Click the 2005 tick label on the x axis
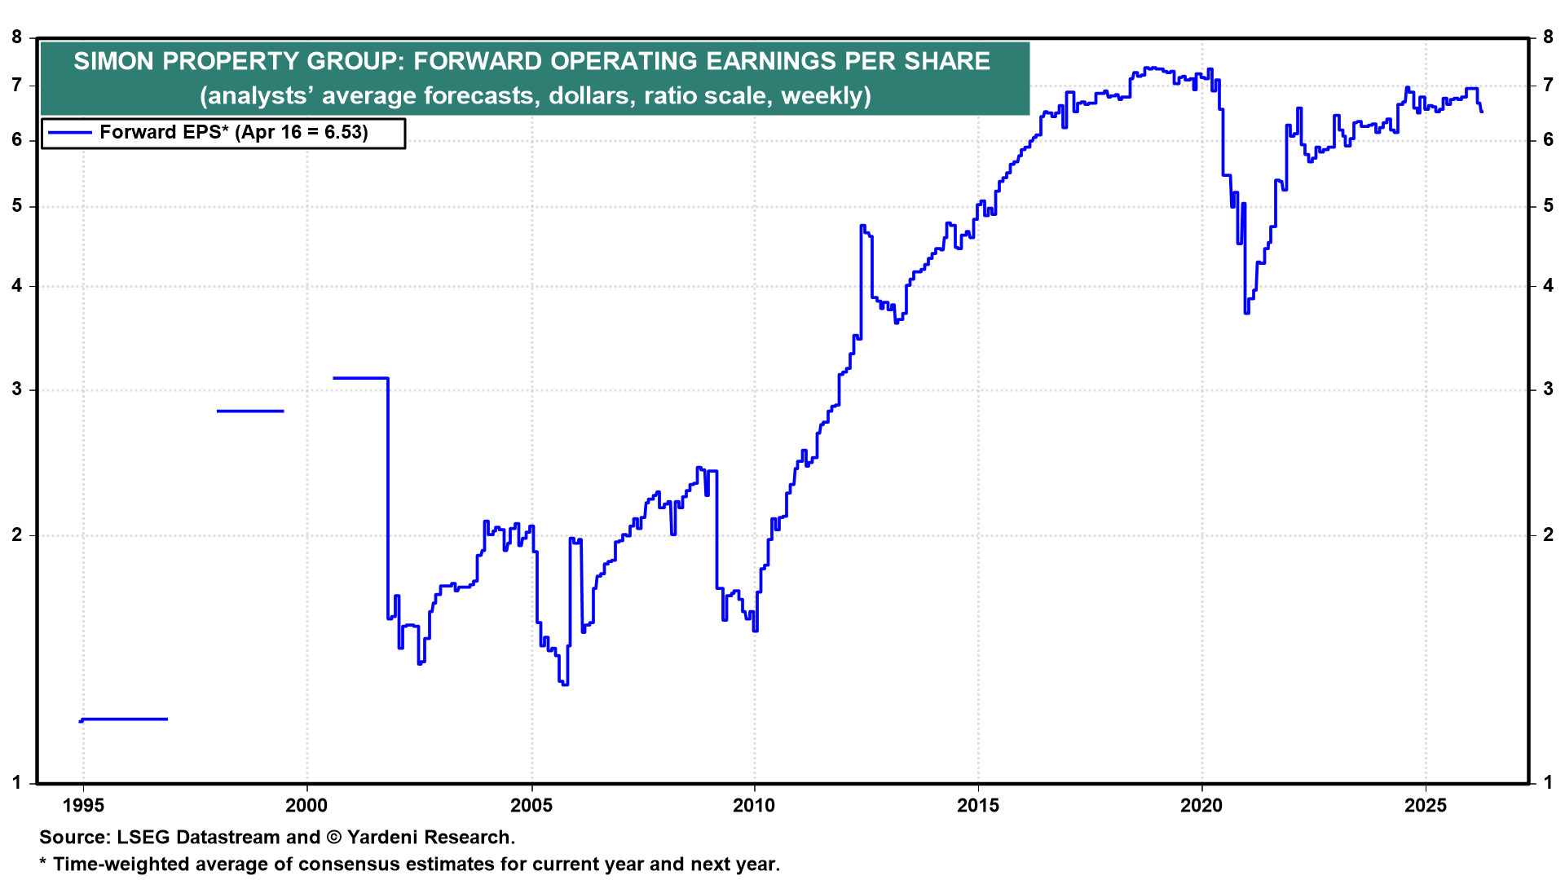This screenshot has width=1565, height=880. pos(531,806)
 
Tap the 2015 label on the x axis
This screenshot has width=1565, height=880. pos(978,806)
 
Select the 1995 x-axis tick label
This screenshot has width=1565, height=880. pos(83,806)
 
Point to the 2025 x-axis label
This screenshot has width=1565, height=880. pos(1426,806)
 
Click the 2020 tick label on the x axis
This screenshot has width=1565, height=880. pos(1201,806)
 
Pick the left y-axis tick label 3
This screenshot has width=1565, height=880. pos(17,389)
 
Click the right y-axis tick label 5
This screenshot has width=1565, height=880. pos(1548,206)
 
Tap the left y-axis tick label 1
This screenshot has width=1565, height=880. pos(17,783)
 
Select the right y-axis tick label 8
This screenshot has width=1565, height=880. pos(1548,37)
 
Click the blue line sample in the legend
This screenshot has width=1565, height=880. pos(68,132)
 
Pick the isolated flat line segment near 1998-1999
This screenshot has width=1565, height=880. pos(250,411)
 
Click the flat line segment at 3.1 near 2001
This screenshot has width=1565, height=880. pos(360,378)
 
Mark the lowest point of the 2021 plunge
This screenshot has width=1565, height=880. pos(1246,312)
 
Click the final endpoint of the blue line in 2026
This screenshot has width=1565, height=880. pos(1481,112)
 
